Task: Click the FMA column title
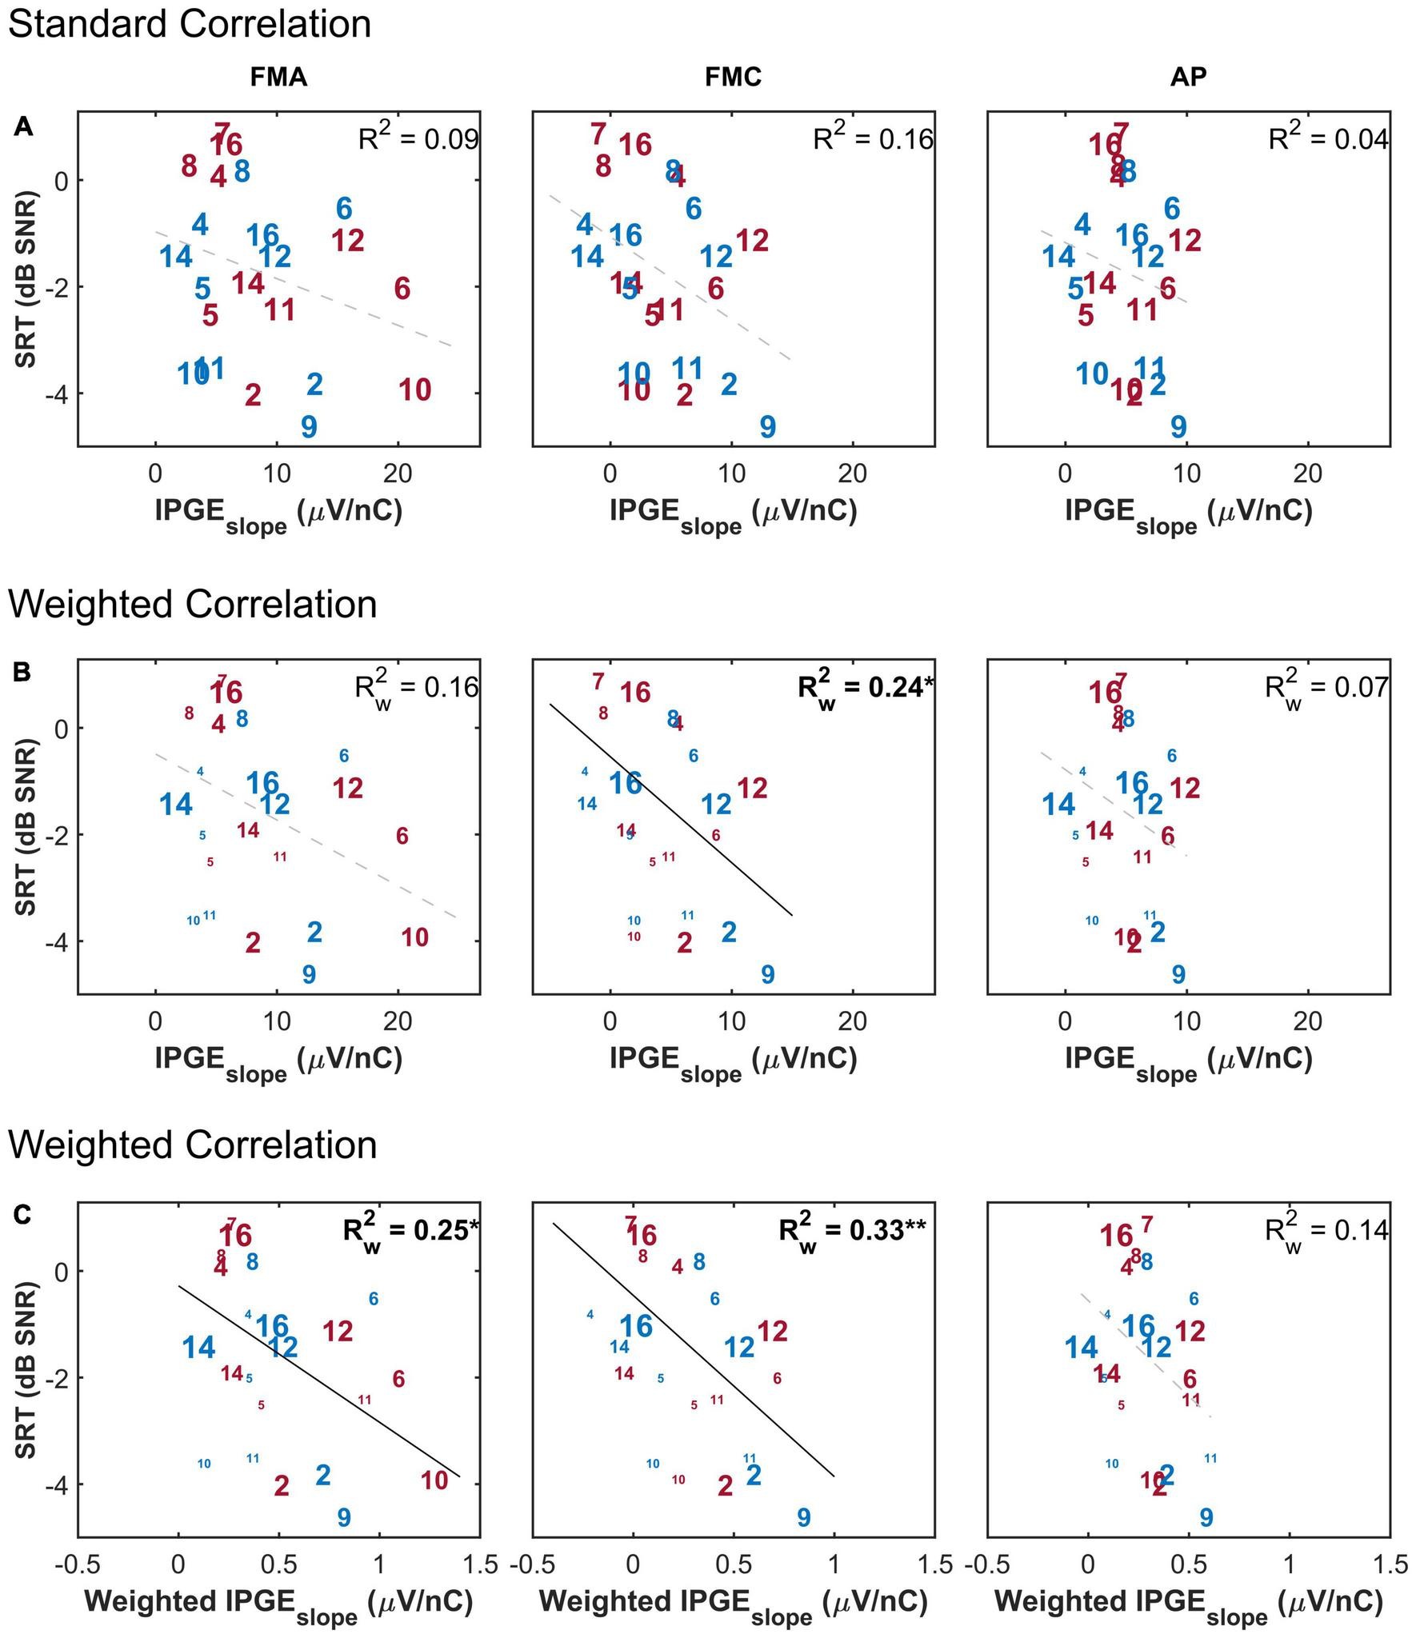click(278, 77)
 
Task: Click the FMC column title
click(733, 77)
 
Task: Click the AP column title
click(1188, 77)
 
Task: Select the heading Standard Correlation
click(190, 24)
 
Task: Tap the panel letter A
click(23, 126)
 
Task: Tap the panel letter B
click(22, 671)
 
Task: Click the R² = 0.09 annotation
click(418, 138)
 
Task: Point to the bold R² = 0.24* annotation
click(865, 686)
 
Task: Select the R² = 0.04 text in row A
click(1328, 138)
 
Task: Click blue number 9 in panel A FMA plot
click(309, 427)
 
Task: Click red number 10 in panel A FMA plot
click(414, 390)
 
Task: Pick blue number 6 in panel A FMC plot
click(694, 209)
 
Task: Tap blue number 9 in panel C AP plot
click(1206, 1517)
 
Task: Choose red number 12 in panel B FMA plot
click(347, 789)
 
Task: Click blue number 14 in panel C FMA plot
click(198, 1348)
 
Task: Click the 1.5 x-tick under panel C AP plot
click(1388, 1564)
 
